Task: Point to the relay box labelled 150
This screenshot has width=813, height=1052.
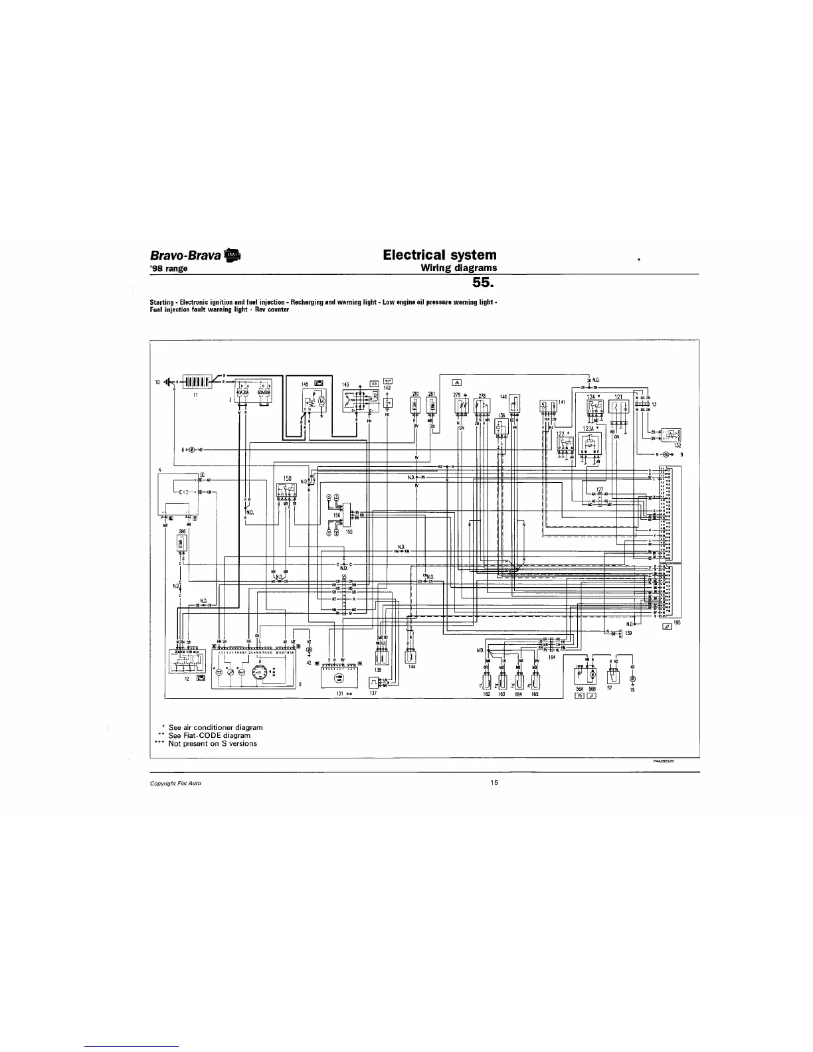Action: pyautogui.click(x=288, y=492)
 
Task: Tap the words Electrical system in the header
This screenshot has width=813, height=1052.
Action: pyautogui.click(x=440, y=254)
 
